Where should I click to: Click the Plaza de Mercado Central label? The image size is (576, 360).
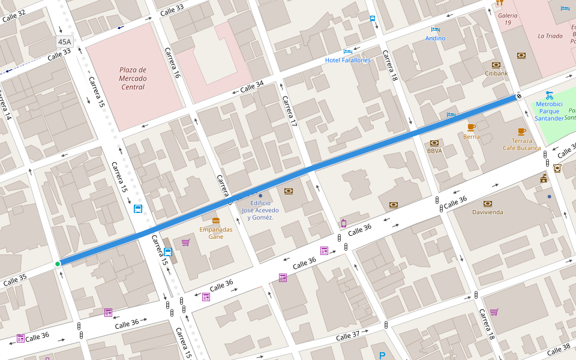133,79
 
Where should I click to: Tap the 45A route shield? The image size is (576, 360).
64,42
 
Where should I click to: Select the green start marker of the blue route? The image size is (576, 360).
58,264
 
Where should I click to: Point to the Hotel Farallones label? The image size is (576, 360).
348,60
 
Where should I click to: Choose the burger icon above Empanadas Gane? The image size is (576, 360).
216,221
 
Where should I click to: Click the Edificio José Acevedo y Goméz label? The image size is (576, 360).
260,210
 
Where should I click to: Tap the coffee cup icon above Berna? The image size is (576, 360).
472,127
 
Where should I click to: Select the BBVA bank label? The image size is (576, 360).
434,151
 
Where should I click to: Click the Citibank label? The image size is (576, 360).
496,73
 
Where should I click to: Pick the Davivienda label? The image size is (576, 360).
487,212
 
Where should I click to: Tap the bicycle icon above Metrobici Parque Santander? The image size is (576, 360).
549,95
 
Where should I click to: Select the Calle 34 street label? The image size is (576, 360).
252,88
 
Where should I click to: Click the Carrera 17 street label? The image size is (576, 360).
290,111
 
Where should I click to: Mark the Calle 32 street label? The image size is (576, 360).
14,16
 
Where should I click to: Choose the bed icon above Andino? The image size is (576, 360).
436,29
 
